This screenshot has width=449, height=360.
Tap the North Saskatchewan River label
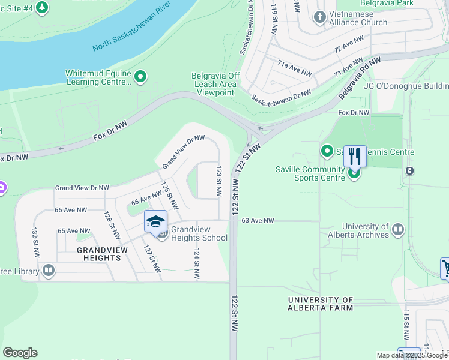click(132, 29)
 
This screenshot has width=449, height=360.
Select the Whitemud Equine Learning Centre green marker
click(140, 76)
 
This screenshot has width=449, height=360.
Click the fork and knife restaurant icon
click(355, 156)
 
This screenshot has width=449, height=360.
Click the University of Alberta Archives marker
click(397, 229)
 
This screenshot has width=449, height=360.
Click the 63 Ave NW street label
click(258, 221)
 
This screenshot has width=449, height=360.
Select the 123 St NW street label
click(219, 182)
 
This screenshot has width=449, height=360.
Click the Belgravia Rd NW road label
click(359, 79)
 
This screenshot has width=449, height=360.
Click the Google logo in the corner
click(20, 353)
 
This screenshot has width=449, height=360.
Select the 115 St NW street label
click(406, 324)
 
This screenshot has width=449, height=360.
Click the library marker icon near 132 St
click(49, 271)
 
